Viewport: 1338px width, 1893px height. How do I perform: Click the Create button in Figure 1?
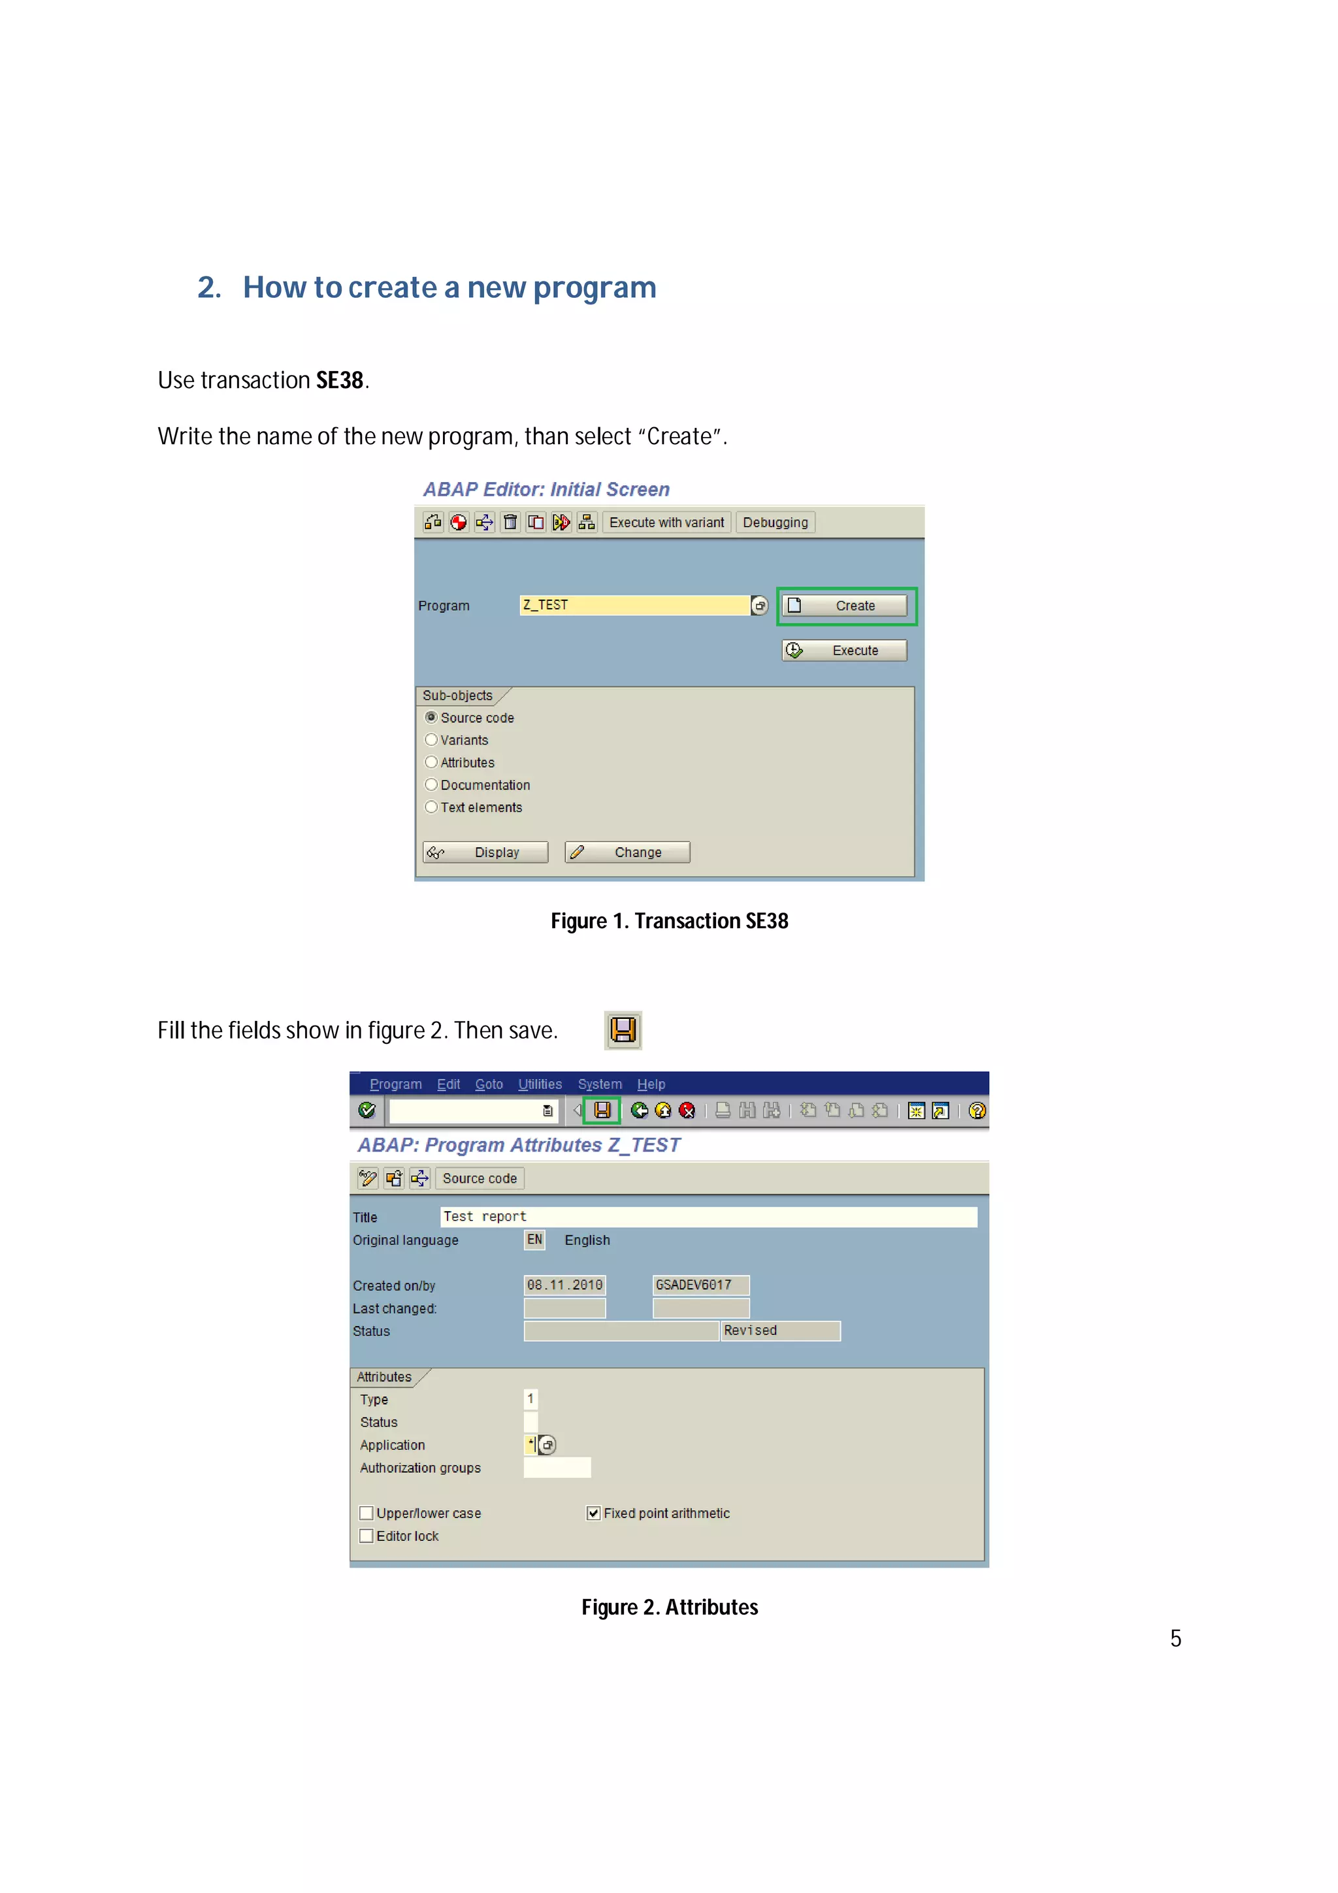tap(845, 606)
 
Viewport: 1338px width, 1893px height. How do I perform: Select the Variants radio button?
tap(431, 739)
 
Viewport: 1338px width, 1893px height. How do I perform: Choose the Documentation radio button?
tap(431, 784)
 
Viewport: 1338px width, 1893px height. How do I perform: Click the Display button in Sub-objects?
tap(485, 852)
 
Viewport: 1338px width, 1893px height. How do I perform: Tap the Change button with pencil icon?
tap(627, 852)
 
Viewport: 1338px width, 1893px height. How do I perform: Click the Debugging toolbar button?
tap(774, 523)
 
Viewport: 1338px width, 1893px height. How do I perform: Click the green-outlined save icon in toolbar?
tap(602, 1110)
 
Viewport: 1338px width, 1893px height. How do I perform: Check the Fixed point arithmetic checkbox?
tap(593, 1513)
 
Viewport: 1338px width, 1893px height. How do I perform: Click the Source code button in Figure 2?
tap(479, 1179)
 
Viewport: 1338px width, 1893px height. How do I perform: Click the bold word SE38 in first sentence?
tap(340, 380)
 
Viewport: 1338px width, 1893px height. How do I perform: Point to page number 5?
tap(1175, 1638)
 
